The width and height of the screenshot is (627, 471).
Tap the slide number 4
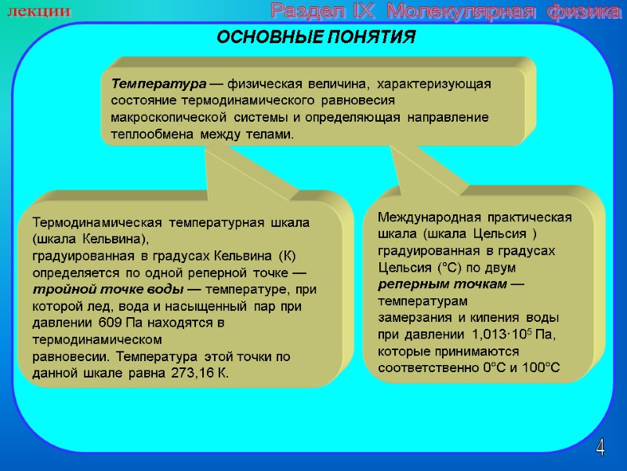pos(600,448)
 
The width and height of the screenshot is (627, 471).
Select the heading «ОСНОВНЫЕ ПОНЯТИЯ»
pos(316,38)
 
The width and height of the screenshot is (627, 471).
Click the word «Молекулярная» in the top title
pos(467,13)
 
